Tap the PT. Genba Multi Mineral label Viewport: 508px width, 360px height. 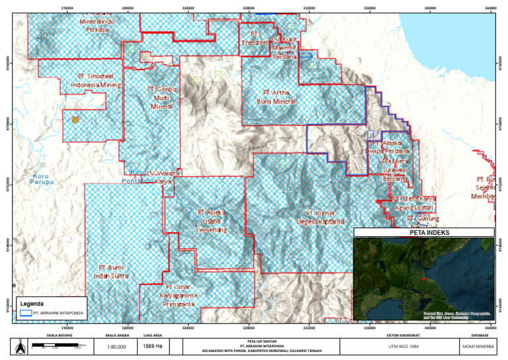click(x=162, y=97)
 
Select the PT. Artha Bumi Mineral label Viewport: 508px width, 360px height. click(x=276, y=97)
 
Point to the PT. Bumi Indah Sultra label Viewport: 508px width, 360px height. click(x=110, y=271)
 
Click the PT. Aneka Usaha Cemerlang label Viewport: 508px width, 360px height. click(x=212, y=221)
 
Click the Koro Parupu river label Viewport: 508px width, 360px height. click(x=43, y=179)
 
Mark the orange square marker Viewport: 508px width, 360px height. click(x=75, y=120)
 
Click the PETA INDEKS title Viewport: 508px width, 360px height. click(x=423, y=232)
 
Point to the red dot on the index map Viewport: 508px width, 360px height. click(x=423, y=279)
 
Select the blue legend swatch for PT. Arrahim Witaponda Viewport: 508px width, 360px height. click(x=26, y=312)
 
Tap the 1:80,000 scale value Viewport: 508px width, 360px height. click(x=116, y=346)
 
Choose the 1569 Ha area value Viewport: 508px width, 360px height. click(x=154, y=346)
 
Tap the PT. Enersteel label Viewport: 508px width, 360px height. click(x=255, y=38)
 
